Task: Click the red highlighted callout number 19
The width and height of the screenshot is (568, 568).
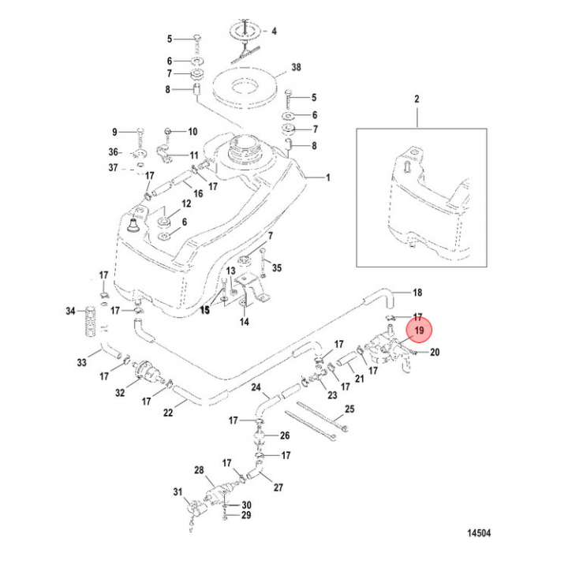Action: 419,331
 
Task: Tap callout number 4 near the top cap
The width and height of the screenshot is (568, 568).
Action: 275,32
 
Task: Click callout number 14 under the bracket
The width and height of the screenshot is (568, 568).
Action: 244,323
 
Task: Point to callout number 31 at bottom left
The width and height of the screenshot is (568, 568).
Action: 177,493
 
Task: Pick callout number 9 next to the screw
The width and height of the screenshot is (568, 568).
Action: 114,132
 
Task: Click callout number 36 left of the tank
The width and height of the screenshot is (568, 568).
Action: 114,152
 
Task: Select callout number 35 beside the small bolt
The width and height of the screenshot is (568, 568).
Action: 276,268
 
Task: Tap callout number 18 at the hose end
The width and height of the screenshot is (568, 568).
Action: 418,293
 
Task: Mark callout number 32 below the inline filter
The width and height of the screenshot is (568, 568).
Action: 120,392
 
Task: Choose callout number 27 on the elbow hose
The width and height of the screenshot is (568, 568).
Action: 278,487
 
